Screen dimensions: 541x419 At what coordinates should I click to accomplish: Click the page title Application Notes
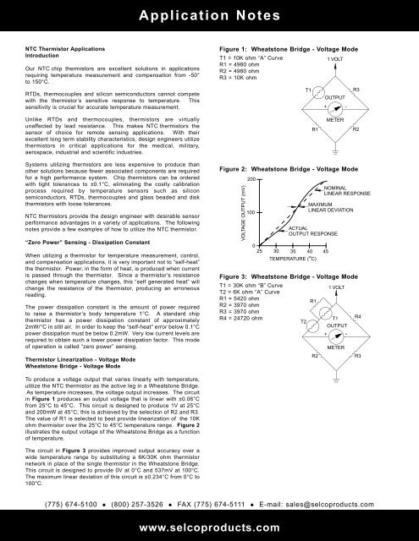[209, 15]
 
